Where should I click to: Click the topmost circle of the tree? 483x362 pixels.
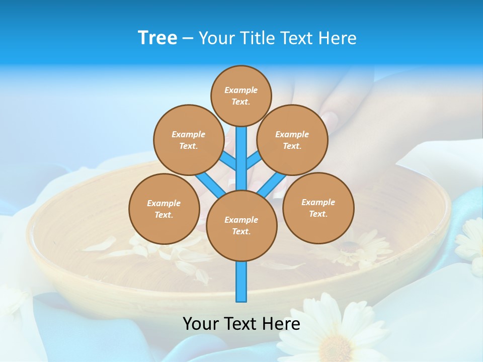tap(241, 96)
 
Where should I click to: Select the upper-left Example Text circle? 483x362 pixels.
tap(188, 140)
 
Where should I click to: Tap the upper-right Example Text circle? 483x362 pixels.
tap(292, 140)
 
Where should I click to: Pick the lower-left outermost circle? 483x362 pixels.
tap(164, 209)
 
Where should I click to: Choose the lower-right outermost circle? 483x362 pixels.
tap(318, 208)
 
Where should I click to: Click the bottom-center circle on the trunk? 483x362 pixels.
tap(242, 226)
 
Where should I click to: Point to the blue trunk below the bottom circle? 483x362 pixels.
tap(242, 282)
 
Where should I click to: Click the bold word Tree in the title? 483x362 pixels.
tap(157, 38)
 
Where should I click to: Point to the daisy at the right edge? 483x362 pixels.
tap(471, 241)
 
